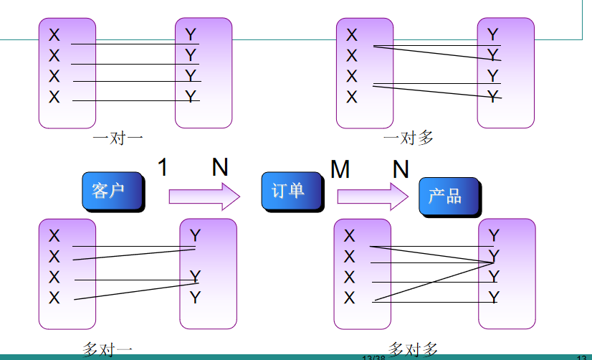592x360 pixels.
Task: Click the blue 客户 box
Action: click(112, 190)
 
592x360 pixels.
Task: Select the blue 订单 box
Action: click(288, 190)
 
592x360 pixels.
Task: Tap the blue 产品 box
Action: click(447, 196)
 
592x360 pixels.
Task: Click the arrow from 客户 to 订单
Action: click(204, 196)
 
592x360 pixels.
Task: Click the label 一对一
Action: click(118, 138)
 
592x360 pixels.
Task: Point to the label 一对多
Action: click(409, 138)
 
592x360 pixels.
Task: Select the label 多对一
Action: click(108, 350)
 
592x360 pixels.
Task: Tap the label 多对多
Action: click(413, 349)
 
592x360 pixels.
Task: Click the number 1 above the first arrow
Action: click(163, 168)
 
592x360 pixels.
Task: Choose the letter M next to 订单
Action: click(340, 170)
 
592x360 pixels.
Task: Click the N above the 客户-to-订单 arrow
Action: click(220, 168)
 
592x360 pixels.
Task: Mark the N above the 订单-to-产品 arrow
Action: click(401, 170)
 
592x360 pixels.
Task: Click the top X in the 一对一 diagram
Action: click(54, 34)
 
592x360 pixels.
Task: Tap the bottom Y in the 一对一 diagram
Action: click(191, 96)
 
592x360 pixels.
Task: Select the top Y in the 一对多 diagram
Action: click(492, 34)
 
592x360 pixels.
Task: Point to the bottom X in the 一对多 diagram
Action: click(351, 97)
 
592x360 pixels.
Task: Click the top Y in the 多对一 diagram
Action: click(195, 235)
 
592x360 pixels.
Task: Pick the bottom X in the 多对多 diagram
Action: click(349, 298)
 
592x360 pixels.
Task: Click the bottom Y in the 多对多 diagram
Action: click(494, 297)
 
